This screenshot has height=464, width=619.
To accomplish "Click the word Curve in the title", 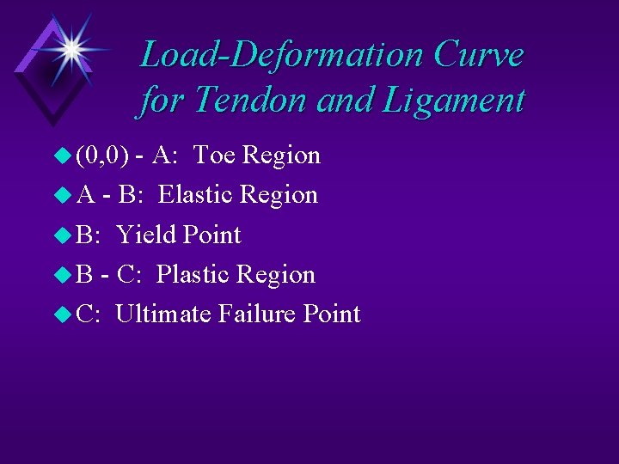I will (480, 55).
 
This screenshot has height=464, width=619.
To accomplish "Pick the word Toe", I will (215, 156).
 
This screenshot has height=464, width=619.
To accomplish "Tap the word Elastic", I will (196, 195).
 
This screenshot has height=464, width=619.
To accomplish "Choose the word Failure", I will (257, 314).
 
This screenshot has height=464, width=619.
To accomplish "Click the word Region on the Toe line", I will (282, 156).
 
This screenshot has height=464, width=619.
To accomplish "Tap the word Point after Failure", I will (332, 314).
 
